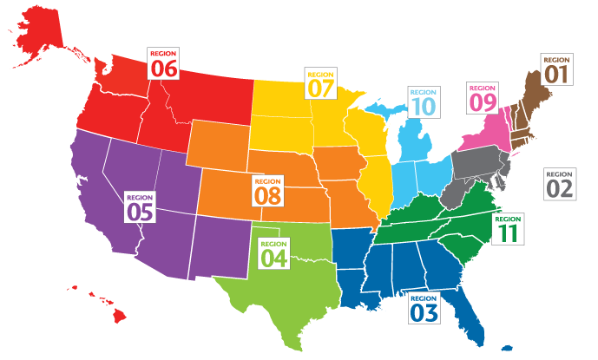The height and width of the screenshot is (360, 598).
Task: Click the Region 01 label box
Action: [x=556, y=70]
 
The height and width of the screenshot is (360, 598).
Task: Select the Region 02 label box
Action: [x=560, y=183]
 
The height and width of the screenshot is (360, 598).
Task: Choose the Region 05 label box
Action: [x=141, y=206]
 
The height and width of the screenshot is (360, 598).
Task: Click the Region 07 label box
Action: [x=320, y=82]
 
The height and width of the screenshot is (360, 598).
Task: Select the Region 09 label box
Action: [x=483, y=98]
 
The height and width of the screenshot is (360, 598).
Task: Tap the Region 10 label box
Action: [x=423, y=102]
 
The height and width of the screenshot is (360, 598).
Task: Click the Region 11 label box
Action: [x=508, y=228]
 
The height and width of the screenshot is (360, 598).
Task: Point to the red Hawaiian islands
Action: [x=109, y=307]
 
